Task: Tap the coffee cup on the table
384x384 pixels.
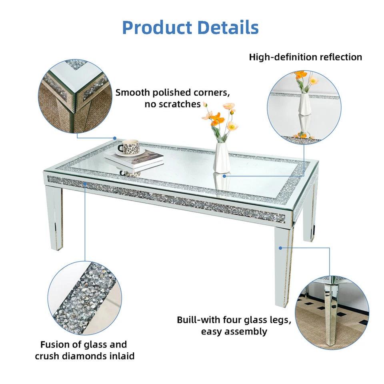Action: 129,147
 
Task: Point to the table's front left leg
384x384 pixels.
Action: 54,218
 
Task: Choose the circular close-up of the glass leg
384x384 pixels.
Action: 332,312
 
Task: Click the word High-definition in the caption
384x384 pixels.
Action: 283,57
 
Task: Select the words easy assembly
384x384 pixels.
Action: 234,331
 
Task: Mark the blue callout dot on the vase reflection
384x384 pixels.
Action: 224,175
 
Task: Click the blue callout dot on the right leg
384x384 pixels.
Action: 281,248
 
